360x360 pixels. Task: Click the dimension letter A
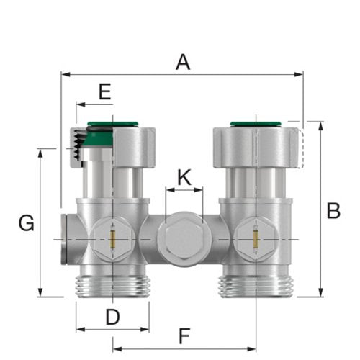(183, 62)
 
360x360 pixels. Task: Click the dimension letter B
(333, 211)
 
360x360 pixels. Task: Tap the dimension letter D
(112, 317)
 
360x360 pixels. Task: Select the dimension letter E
(105, 91)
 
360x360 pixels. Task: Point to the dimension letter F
(184, 336)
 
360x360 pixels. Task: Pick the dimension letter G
(26, 223)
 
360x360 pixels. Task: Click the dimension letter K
(184, 177)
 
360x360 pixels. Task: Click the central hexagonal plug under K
(184, 240)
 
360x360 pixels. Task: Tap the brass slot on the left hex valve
(112, 239)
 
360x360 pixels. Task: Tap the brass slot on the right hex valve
(256, 239)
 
